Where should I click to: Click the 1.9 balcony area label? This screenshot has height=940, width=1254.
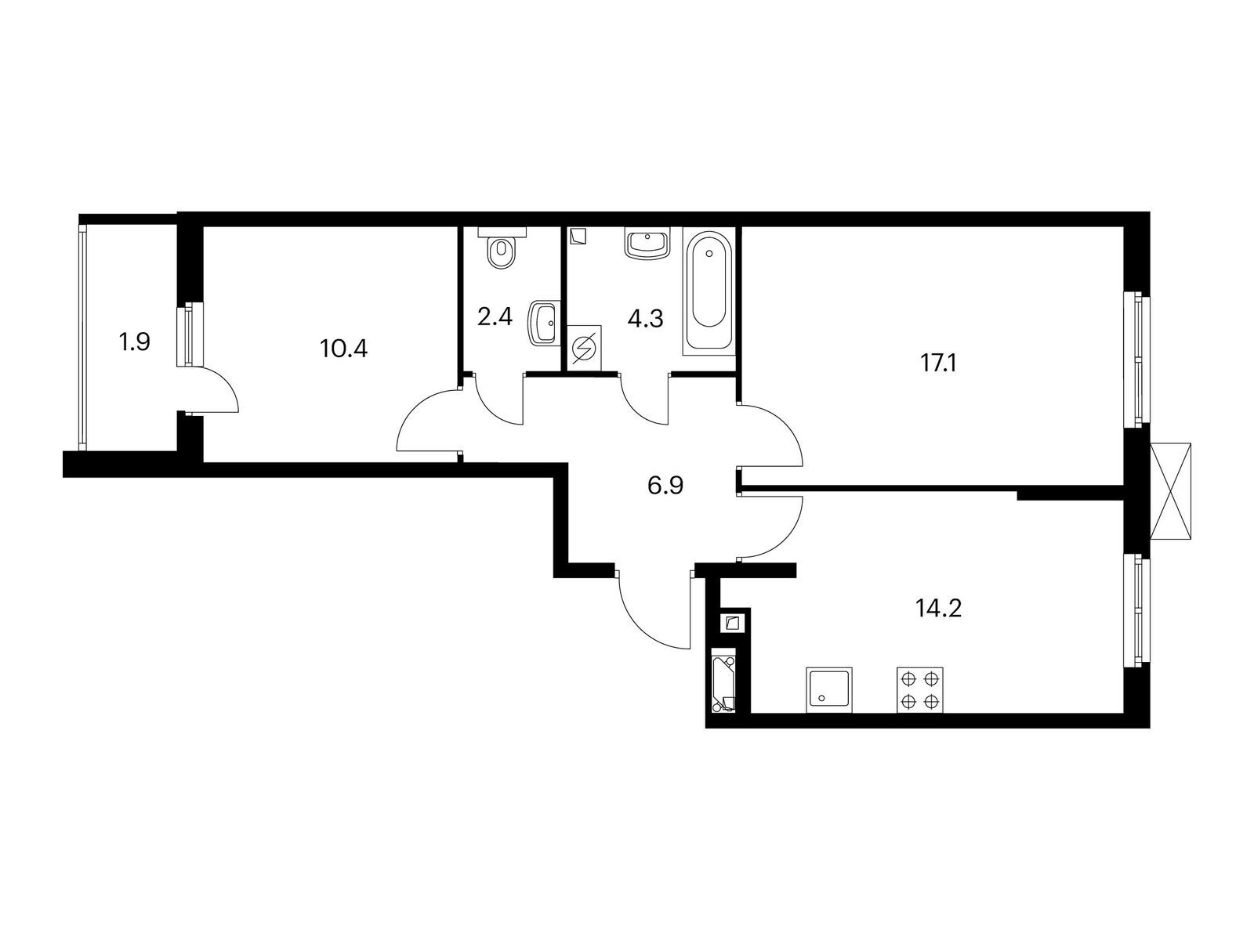[134, 343]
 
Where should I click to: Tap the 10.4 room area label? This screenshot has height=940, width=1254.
[344, 348]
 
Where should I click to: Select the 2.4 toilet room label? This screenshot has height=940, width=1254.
[495, 316]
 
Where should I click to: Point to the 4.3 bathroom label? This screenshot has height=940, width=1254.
[646, 319]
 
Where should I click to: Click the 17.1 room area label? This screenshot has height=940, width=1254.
[939, 363]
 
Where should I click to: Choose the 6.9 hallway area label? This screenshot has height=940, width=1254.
[665, 486]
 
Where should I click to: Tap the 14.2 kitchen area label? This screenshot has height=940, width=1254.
[939, 609]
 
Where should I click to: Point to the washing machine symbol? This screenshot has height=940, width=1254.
[585, 347]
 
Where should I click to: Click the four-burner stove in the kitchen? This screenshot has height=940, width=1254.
[920, 689]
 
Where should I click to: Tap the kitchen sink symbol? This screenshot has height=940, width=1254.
[829, 689]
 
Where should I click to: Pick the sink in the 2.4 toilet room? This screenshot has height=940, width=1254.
[543, 323]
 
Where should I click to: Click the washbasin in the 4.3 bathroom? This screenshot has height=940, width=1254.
[648, 244]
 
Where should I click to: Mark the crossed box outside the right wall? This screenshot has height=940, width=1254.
[1171, 491]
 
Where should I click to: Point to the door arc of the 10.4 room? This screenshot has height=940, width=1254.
[416, 407]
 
